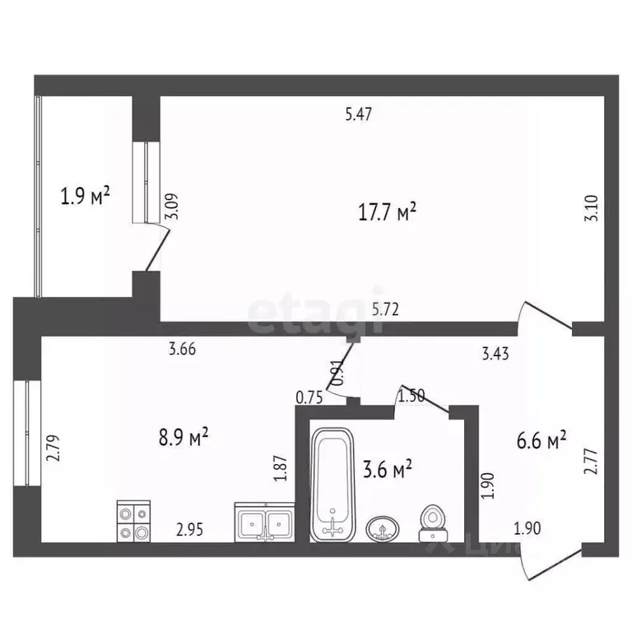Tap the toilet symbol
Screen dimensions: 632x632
click(431, 523)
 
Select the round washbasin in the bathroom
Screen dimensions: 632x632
click(381, 528)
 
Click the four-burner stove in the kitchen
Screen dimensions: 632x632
click(133, 521)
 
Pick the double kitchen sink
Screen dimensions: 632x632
click(265, 522)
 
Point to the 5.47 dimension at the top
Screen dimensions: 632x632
click(360, 115)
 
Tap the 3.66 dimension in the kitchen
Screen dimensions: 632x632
click(182, 349)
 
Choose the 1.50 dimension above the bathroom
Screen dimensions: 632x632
click(411, 397)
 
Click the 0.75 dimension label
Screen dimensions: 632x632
click(309, 397)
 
